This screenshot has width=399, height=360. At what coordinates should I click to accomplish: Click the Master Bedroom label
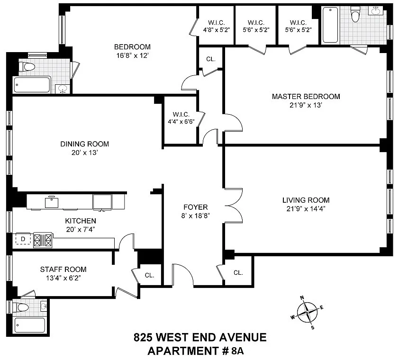coord(306,97)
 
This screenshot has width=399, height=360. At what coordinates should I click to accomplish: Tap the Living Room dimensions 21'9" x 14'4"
coord(306,208)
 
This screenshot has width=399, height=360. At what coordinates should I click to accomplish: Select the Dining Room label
coord(84,144)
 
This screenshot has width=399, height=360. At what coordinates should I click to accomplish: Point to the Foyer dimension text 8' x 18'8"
coord(195,216)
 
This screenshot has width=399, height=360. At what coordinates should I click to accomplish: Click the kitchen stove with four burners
coord(43,240)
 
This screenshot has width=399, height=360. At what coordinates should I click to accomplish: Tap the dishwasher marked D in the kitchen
coord(23,239)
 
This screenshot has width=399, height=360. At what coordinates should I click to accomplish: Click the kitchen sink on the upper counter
coord(51,203)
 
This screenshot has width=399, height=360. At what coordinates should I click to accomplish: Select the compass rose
coord(308,312)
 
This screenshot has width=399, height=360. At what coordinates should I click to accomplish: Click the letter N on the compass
coord(302,297)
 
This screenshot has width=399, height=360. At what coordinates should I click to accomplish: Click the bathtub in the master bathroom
coord(330,25)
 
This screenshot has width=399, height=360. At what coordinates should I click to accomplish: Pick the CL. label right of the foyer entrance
coord(238,273)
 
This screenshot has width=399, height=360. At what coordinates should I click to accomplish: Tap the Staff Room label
coord(63,269)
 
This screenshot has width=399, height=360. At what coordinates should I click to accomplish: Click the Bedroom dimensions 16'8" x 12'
coord(132,55)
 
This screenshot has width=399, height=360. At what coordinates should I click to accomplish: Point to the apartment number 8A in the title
coord(237,351)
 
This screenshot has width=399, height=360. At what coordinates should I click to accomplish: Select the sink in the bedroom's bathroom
coord(63,89)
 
